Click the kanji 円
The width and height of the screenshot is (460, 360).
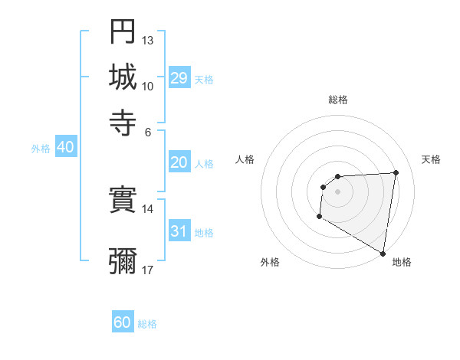pyautogui.click(x=123, y=31)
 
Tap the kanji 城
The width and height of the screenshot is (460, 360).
pyautogui.click(x=123, y=77)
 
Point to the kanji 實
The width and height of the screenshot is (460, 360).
pyautogui.click(x=123, y=201)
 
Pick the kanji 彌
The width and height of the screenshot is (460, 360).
pyautogui.click(x=123, y=260)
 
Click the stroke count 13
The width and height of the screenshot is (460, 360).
pyautogui.click(x=148, y=40)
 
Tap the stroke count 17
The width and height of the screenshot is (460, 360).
pyautogui.click(x=148, y=270)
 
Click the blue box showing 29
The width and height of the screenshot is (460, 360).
pyautogui.click(x=179, y=78)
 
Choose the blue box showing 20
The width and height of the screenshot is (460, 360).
pyautogui.click(x=179, y=162)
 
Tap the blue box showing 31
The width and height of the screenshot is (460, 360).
pyautogui.click(x=179, y=231)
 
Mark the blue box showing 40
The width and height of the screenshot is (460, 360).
pyautogui.click(x=65, y=148)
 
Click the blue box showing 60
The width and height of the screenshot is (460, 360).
pyautogui.click(x=123, y=322)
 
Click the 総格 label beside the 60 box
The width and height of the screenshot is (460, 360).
pyautogui.click(x=147, y=324)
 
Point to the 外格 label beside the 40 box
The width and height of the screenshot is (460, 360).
pyautogui.click(x=41, y=149)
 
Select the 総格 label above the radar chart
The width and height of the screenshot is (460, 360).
pyautogui.click(x=337, y=100)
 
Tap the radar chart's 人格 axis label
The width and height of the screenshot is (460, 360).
pyautogui.click(x=245, y=159)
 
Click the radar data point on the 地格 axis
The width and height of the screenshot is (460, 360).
pyautogui.click(x=383, y=253)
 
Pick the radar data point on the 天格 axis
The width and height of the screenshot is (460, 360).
pyautogui.click(x=396, y=172)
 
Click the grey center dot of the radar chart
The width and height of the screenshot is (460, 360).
pyautogui.click(x=337, y=191)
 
